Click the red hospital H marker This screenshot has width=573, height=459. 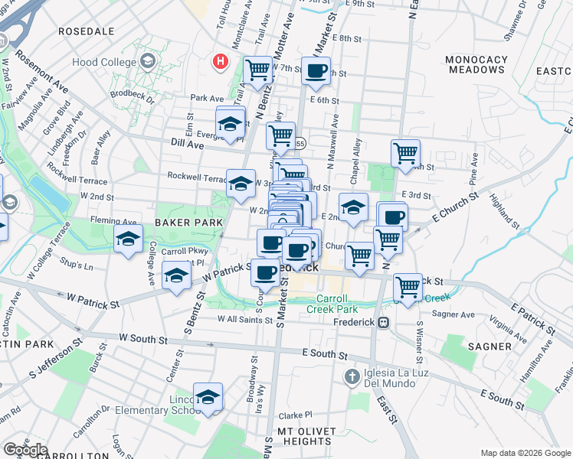click(221, 60)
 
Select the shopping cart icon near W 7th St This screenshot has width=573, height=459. click(259, 71)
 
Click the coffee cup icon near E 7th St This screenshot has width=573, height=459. click(316, 71)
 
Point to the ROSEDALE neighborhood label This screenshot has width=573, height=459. click(87, 31)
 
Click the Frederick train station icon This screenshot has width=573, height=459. click(383, 322)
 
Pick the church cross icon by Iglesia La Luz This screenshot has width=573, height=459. click(352, 376)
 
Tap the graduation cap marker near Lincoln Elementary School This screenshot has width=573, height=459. click(208, 396)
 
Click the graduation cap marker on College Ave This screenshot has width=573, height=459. click(128, 239)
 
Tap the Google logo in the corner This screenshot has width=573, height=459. click(25, 449)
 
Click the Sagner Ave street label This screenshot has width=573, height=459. click(453, 314)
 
